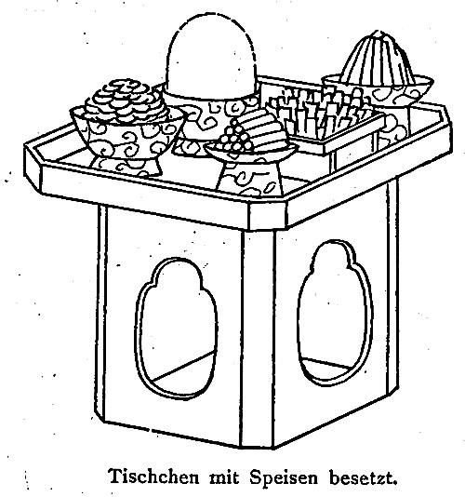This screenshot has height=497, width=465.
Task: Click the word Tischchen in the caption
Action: point(154,477)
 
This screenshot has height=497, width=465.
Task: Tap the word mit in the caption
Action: point(224,477)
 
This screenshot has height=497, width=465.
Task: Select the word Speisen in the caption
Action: point(284,477)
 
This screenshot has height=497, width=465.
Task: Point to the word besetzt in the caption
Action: point(363,477)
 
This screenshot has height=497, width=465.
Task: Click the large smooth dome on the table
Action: point(210,56)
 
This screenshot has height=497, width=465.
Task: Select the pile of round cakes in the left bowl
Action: point(126,101)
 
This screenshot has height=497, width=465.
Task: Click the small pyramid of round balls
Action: point(235,136)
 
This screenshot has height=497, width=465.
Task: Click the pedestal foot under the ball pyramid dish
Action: point(249,178)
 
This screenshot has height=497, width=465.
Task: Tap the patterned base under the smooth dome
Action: point(209,111)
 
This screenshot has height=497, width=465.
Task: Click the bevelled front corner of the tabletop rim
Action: point(267,217)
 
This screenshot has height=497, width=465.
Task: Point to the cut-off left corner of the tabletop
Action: point(33,167)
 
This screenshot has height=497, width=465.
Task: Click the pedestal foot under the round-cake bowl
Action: point(126,167)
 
